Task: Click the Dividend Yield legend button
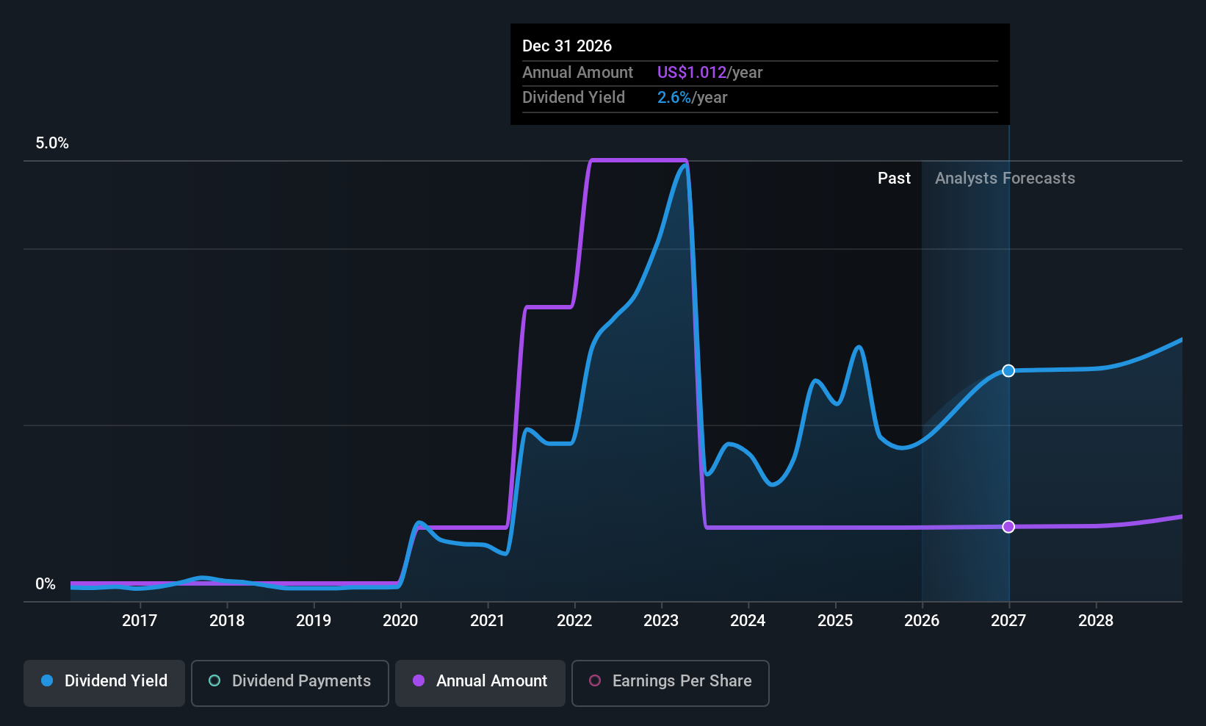click(x=104, y=683)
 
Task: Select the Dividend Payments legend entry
click(x=289, y=683)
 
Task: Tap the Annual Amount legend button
click(x=480, y=683)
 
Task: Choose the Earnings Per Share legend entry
click(x=671, y=683)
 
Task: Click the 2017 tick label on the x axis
click(x=140, y=620)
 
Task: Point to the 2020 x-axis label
click(x=400, y=620)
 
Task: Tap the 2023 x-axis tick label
click(x=661, y=620)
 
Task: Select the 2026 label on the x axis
click(x=922, y=620)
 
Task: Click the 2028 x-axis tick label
click(x=1096, y=620)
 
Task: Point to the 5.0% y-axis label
click(x=52, y=143)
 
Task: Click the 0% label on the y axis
click(x=46, y=584)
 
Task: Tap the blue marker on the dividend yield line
click(x=1008, y=370)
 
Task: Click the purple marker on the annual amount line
click(x=1008, y=526)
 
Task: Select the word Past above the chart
click(x=895, y=179)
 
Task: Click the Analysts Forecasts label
click(x=1005, y=179)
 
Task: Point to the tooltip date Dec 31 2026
click(x=567, y=46)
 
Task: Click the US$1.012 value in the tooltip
click(x=692, y=72)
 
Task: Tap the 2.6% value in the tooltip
click(x=674, y=98)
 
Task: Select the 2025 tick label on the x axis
click(x=835, y=620)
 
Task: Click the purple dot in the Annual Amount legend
click(x=419, y=680)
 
